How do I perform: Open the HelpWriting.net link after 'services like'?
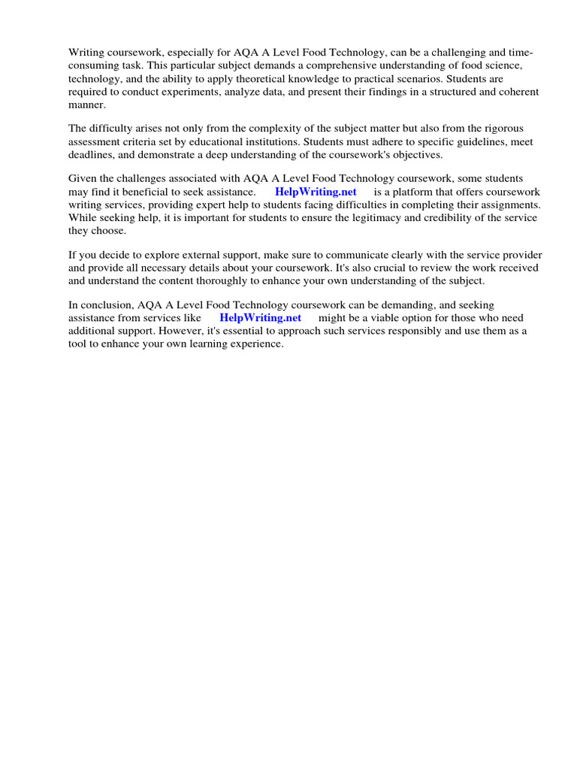260,317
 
